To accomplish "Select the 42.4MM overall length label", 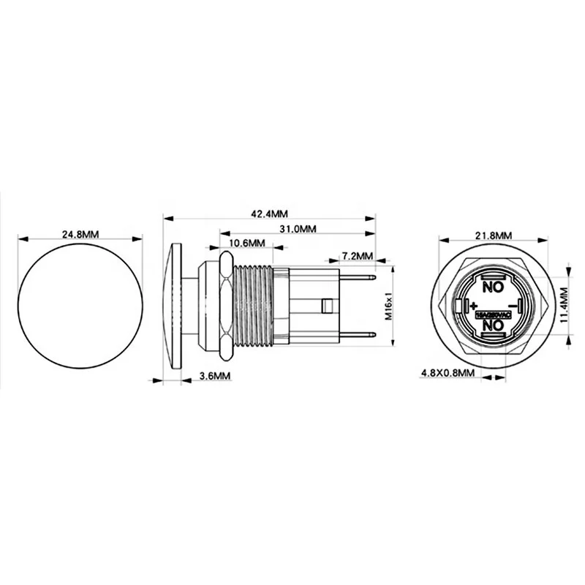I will click(x=269, y=214).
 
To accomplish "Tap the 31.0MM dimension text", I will click(x=298, y=229).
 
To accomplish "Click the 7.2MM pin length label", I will click(x=357, y=257).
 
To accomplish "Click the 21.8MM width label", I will click(x=493, y=235).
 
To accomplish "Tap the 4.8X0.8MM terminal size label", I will click(x=448, y=373).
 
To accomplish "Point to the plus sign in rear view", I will click(x=473, y=303).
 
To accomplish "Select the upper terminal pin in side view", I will click(x=358, y=276).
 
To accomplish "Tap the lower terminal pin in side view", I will click(x=358, y=335).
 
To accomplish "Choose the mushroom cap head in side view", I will click(x=174, y=306).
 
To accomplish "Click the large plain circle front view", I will click(x=79, y=305).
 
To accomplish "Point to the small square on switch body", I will click(x=328, y=305).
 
